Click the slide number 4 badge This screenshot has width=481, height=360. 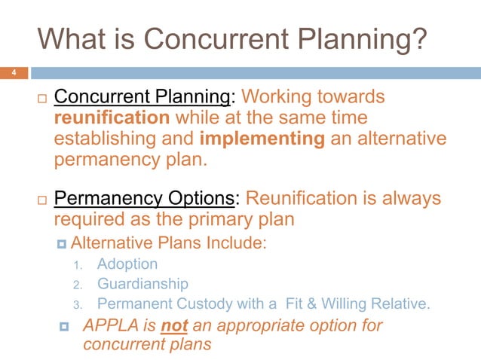pos(13,73)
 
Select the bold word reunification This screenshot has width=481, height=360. pos(112,118)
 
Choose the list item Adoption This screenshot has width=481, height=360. pos(127,264)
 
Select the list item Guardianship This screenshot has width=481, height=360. pos(142,285)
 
